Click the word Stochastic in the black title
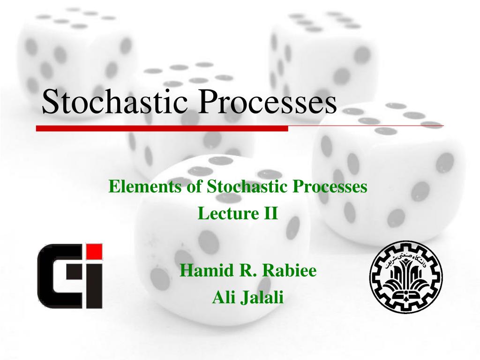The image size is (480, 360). point(115,102)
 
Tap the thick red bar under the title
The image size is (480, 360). point(162,128)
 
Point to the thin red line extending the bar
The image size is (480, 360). point(366,126)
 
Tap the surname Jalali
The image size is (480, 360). point(262,297)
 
